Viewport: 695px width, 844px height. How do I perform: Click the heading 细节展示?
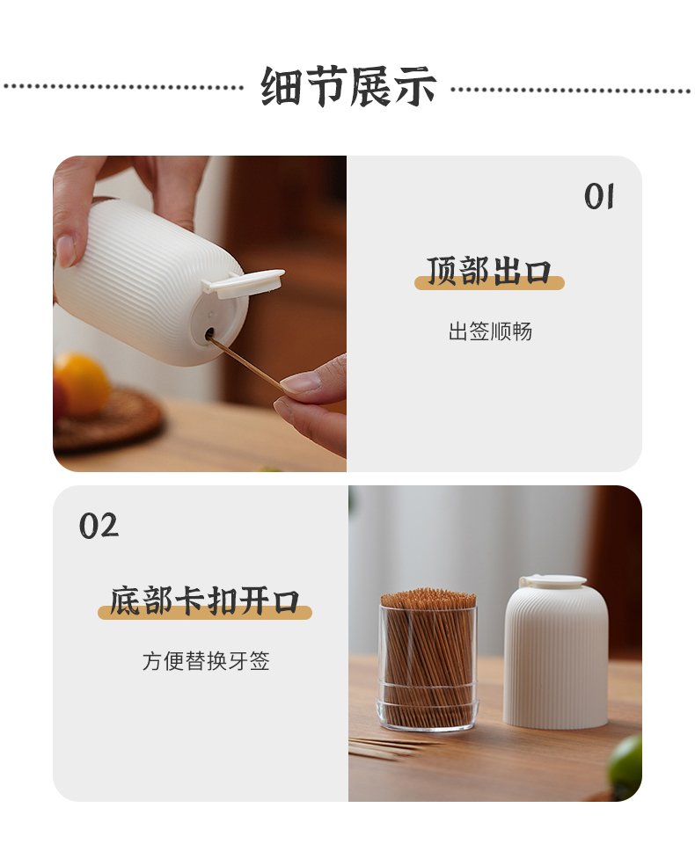tap(348, 86)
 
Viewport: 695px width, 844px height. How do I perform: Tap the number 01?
tap(599, 196)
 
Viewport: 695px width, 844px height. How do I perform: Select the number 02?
tap(99, 526)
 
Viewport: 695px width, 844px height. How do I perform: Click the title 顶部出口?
tap(489, 271)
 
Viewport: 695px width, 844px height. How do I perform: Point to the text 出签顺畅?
tap(490, 331)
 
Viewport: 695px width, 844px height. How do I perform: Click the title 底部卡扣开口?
tap(205, 600)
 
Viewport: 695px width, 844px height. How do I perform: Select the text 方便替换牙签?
tap(206, 661)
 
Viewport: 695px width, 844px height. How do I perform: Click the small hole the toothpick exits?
tap(209, 335)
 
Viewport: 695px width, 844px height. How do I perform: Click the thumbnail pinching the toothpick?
tap(300, 383)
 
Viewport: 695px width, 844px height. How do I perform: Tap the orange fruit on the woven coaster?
tap(81, 382)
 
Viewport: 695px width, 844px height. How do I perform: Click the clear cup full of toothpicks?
tap(428, 661)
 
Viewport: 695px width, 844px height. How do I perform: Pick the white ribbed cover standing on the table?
tap(556, 656)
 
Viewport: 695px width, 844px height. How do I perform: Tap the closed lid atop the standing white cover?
tap(552, 581)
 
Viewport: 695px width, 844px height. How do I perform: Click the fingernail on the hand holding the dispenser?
tap(65, 251)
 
